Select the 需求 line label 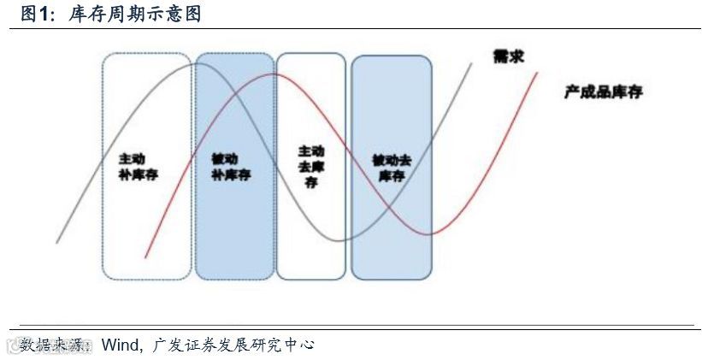(x=508, y=56)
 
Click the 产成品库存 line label (x=603, y=91)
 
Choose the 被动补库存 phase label (x=230, y=167)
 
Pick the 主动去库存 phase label (x=310, y=167)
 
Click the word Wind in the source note (x=120, y=345)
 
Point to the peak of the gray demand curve (x=193, y=63)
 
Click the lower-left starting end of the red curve (x=147, y=256)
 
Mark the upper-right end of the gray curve (x=471, y=62)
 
